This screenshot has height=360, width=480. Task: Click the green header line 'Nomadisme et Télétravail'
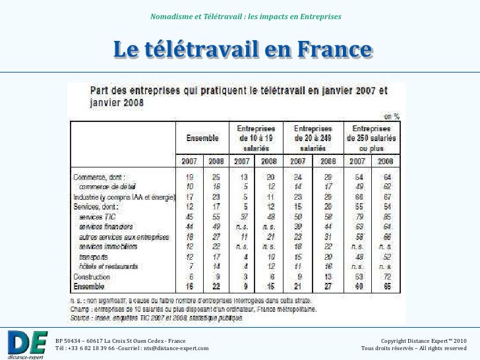click(x=245, y=16)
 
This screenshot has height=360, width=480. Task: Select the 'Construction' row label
click(x=92, y=276)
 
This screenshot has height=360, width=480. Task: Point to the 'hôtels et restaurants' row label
click(x=109, y=266)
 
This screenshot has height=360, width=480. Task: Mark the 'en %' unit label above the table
click(x=392, y=115)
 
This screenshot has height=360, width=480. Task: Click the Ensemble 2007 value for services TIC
click(x=190, y=216)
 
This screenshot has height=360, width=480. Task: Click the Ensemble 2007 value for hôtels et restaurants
click(x=190, y=266)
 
